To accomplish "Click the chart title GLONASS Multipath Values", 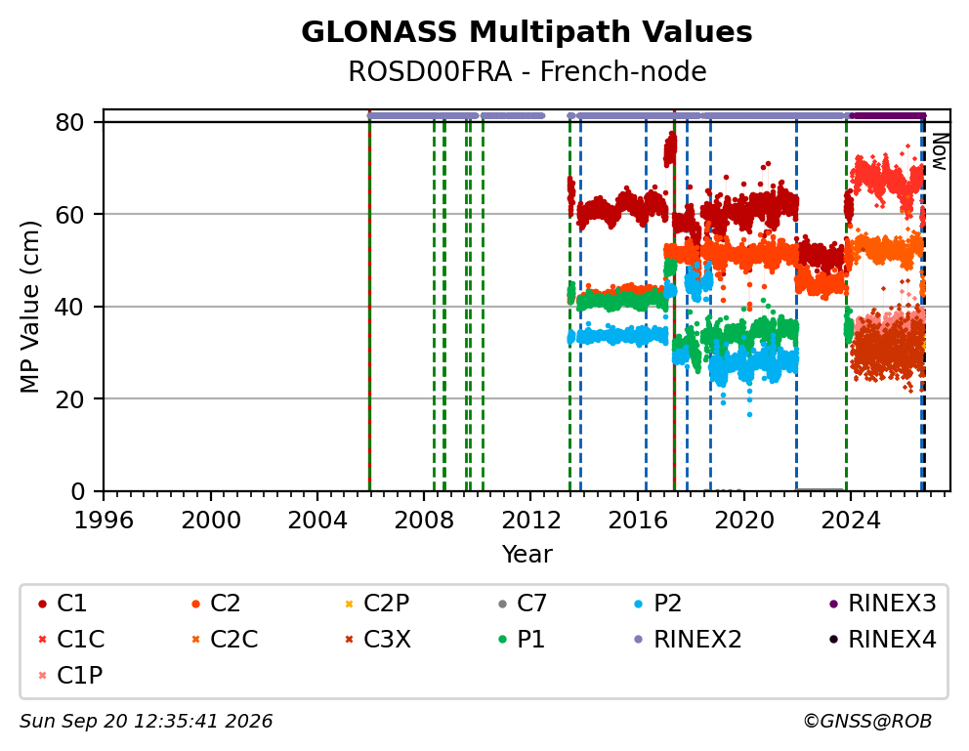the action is pyautogui.click(x=527, y=32).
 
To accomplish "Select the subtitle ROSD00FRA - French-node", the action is pyautogui.click(x=527, y=71).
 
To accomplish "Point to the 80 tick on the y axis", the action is pyautogui.click(x=69, y=122).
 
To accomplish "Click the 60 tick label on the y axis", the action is pyautogui.click(x=69, y=214).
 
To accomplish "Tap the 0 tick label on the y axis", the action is pyautogui.click(x=77, y=491).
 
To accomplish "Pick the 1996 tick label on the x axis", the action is pyautogui.click(x=104, y=521).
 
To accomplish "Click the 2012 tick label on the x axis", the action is pyautogui.click(x=530, y=521).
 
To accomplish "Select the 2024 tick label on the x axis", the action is pyautogui.click(x=851, y=521).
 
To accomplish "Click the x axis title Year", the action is pyautogui.click(x=527, y=554).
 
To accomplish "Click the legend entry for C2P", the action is pyautogui.click(x=377, y=604).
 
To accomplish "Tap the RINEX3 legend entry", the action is pyautogui.click(x=882, y=604).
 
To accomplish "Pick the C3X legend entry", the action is pyautogui.click(x=378, y=640).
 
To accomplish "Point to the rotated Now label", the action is pyautogui.click(x=940, y=152).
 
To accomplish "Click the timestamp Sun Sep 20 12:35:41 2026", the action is pyautogui.click(x=146, y=722).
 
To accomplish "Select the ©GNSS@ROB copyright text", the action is pyautogui.click(x=867, y=722).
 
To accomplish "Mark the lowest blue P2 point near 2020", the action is pyautogui.click(x=749, y=414).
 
